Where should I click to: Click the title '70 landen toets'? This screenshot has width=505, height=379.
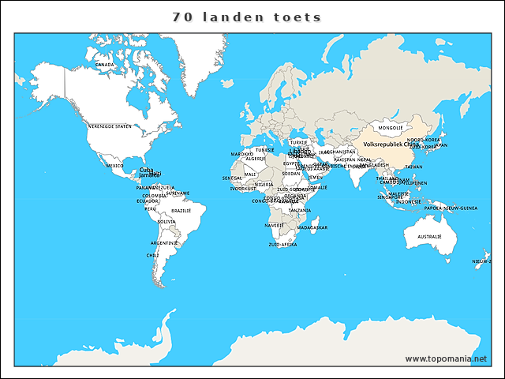coord(247,17)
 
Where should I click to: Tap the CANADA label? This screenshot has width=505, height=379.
coord(104,65)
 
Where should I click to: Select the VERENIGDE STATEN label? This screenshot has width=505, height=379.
coord(110,126)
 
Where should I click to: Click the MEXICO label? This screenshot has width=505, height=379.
coord(115,166)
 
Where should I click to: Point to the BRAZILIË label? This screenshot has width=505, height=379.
coord(181,211)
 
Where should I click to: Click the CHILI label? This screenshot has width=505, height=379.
coord(152,255)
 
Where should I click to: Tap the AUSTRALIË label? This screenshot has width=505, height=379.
coord(429,236)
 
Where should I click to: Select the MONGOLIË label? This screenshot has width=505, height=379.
coord(391,127)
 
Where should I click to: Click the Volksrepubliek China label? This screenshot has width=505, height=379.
coord(391,144)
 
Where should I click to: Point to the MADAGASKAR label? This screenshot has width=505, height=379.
coord(312,227)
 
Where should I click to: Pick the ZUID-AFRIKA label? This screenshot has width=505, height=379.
coord(282,245)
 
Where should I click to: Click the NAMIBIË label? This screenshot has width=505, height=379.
coord(274,225)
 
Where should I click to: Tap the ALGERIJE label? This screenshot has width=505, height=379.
coord(256,159)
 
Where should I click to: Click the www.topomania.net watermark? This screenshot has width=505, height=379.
coord(446,358)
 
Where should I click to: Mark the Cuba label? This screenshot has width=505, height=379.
coord(147,169)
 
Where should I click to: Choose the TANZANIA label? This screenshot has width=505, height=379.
coord(299,211)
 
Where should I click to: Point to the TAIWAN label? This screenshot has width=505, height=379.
coord(413,167)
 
